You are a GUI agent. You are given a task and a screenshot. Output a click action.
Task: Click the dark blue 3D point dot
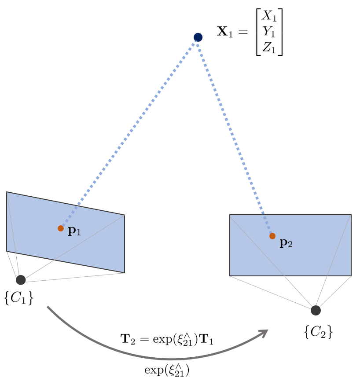[198, 37]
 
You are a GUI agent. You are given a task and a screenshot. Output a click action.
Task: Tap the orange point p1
[61, 228]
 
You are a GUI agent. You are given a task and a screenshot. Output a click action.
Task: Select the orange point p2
[272, 236]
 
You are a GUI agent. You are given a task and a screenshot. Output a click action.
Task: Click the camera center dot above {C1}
[21, 280]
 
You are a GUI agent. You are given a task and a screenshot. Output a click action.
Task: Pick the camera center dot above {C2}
[316, 310]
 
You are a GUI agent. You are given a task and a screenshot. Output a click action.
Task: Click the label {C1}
[19, 299]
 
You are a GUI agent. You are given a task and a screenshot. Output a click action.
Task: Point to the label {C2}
[318, 331]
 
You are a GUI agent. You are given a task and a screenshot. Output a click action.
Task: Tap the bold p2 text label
[286, 243]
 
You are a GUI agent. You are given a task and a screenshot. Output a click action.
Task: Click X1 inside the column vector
[269, 17]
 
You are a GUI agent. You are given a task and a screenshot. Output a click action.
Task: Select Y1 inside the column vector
[269, 32]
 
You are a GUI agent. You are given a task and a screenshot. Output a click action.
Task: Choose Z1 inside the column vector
[269, 48]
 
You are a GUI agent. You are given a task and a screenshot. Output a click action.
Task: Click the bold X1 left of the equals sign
[225, 32]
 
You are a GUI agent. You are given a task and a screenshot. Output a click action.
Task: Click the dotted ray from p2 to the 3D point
[235, 136]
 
